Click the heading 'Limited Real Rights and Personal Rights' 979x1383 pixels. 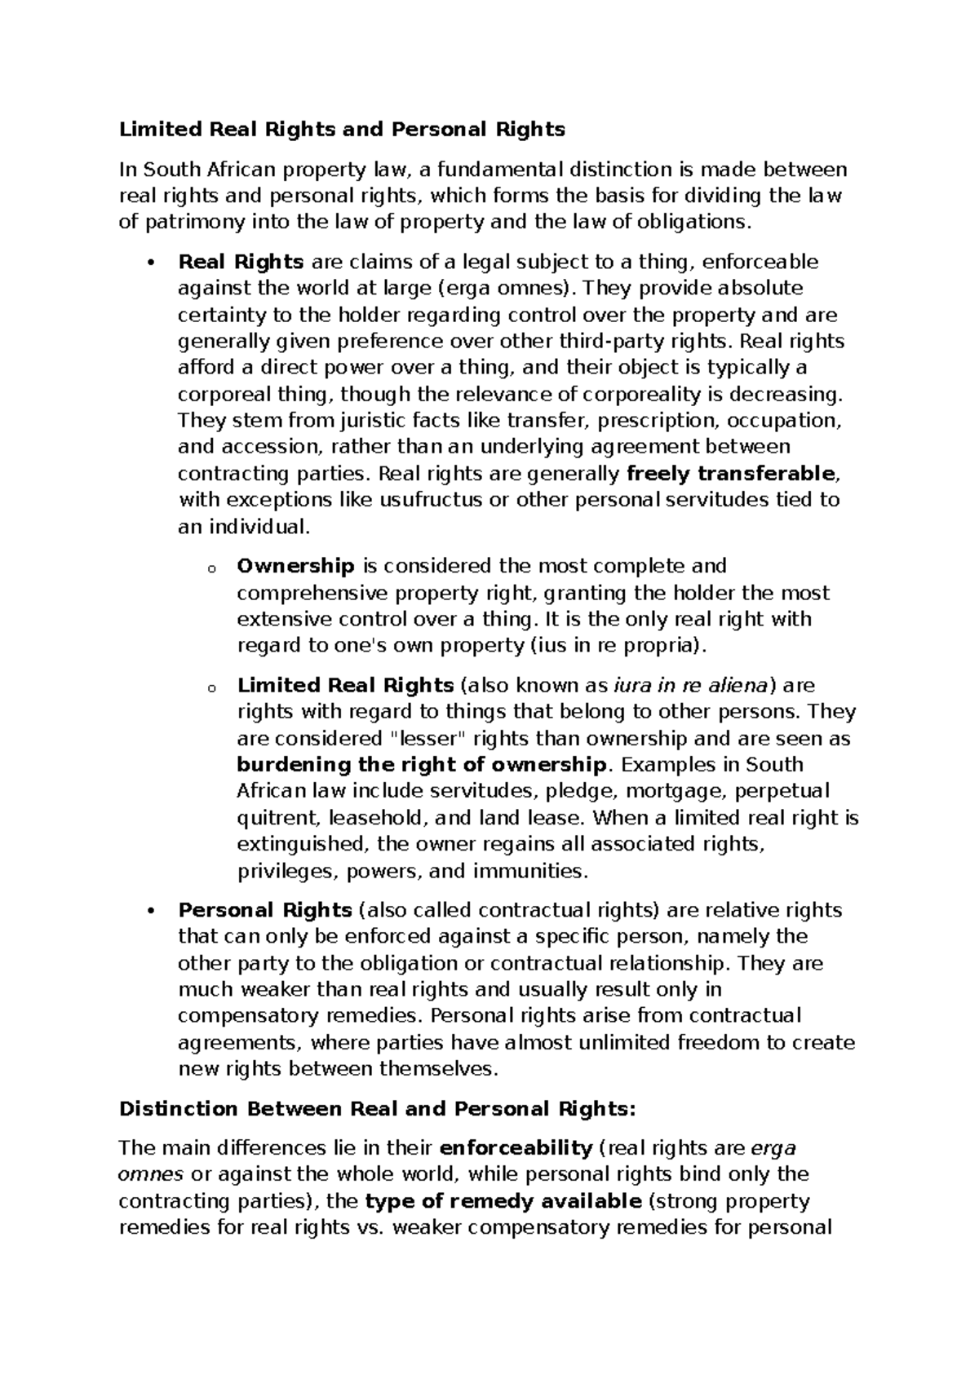pos(342,130)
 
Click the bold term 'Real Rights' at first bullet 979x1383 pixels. pos(241,263)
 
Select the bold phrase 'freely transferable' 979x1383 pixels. pos(731,474)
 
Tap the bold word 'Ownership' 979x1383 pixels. pos(295,566)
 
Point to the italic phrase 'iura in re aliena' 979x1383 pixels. pos(691,685)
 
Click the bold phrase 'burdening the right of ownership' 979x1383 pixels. pos(422,765)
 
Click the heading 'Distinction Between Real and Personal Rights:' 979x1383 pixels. pos(376,1109)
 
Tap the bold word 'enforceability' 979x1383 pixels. pos(516,1148)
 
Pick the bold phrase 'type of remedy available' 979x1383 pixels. pos(503,1201)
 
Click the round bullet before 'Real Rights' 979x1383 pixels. pos(148,263)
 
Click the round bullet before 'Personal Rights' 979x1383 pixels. pos(148,911)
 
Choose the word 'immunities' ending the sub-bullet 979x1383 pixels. pos(537,871)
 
